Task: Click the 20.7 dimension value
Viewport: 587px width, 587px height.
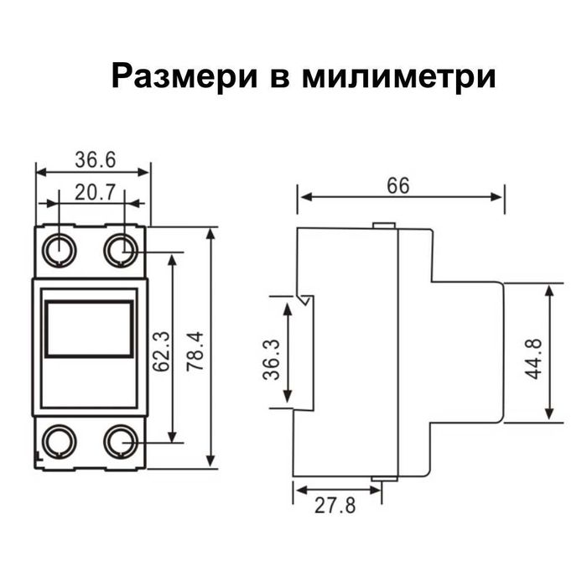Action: click(x=95, y=192)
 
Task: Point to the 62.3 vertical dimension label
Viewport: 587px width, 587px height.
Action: click(x=162, y=351)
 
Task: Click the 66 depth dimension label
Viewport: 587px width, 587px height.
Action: click(x=398, y=185)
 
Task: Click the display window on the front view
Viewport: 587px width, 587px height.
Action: click(x=89, y=330)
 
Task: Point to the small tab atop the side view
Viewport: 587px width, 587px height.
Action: click(x=383, y=225)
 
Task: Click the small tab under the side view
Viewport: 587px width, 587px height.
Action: click(x=383, y=481)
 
